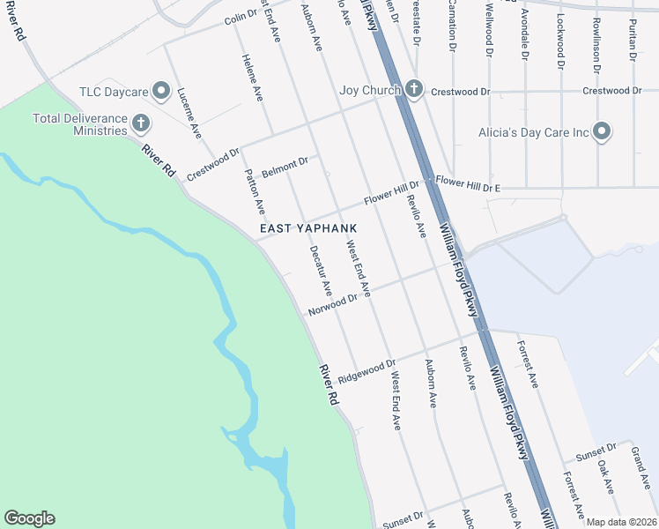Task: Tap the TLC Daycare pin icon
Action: pyautogui.click(x=160, y=90)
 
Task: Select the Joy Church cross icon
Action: pyautogui.click(x=415, y=89)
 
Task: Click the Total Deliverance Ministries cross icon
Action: pyautogui.click(x=140, y=122)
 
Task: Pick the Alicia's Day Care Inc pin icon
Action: pyautogui.click(x=602, y=132)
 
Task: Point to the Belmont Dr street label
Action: pyautogui.click(x=285, y=165)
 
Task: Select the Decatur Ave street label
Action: pyautogui.click(x=321, y=270)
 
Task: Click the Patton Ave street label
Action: pyautogui.click(x=254, y=192)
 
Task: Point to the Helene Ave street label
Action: pyautogui.click(x=252, y=74)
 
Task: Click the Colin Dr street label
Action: pyautogui.click(x=240, y=18)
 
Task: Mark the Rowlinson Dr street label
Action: pyautogui.click(x=596, y=44)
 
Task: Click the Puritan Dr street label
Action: pyautogui.click(x=633, y=40)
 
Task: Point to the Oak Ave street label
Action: pyautogui.click(x=605, y=474)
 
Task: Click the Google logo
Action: pyautogui.click(x=29, y=518)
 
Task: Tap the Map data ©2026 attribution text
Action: pyautogui.click(x=621, y=522)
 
